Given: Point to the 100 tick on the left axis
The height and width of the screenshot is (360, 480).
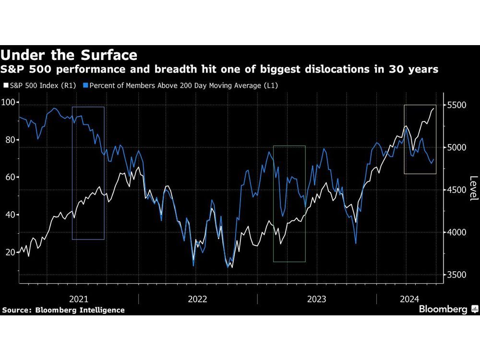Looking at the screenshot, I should [9, 102].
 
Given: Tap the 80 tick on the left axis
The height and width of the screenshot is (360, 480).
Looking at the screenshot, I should [9, 140].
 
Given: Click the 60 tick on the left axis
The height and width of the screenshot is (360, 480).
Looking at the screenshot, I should [9, 177].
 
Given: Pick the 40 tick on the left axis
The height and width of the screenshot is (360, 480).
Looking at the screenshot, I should [9, 215].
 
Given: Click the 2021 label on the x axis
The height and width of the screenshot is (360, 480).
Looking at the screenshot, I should [78, 299].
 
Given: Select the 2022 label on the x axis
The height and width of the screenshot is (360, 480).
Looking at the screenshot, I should [197, 299].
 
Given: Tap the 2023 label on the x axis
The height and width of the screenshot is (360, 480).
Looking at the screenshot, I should [316, 299].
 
